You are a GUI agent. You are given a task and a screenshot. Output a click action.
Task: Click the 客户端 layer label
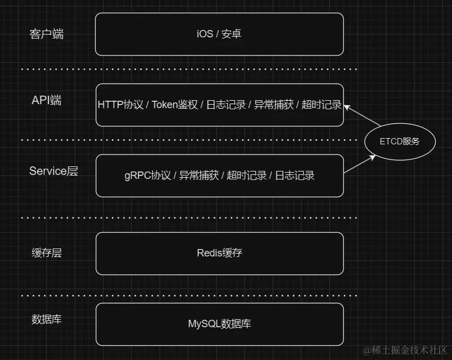click(46, 34)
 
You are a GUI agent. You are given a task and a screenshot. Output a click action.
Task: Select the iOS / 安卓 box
click(219, 34)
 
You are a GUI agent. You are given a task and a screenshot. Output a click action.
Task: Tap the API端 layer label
click(46, 101)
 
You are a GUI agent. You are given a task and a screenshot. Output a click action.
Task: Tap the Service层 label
click(53, 171)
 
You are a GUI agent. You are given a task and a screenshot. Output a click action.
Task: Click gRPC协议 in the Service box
click(148, 175)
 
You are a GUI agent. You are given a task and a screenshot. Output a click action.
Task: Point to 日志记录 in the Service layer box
click(295, 175)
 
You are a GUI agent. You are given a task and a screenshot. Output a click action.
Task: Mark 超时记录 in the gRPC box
click(247, 175)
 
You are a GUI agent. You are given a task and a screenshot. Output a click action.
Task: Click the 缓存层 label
click(46, 253)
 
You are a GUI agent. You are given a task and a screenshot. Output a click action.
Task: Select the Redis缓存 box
click(219, 253)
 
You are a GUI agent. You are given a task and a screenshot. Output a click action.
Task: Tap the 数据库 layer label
click(46, 319)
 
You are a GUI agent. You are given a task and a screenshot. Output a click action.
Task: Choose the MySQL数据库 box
click(219, 324)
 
